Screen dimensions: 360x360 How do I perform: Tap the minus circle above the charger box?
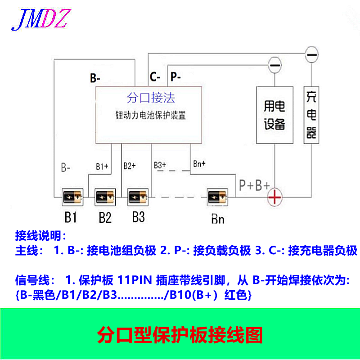point(311,55)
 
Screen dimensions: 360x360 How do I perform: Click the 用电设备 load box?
point(274,115)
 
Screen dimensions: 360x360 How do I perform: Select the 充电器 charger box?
point(311,115)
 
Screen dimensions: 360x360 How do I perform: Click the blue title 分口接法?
point(151,98)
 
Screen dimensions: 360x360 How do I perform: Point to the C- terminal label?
point(155,77)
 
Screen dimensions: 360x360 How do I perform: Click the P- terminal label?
point(175,77)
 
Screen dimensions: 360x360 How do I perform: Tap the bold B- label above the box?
point(95,78)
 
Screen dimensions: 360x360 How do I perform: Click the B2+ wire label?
point(129,166)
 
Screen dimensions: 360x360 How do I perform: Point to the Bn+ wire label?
point(199,163)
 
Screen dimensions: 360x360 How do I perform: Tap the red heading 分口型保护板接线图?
point(180,335)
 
